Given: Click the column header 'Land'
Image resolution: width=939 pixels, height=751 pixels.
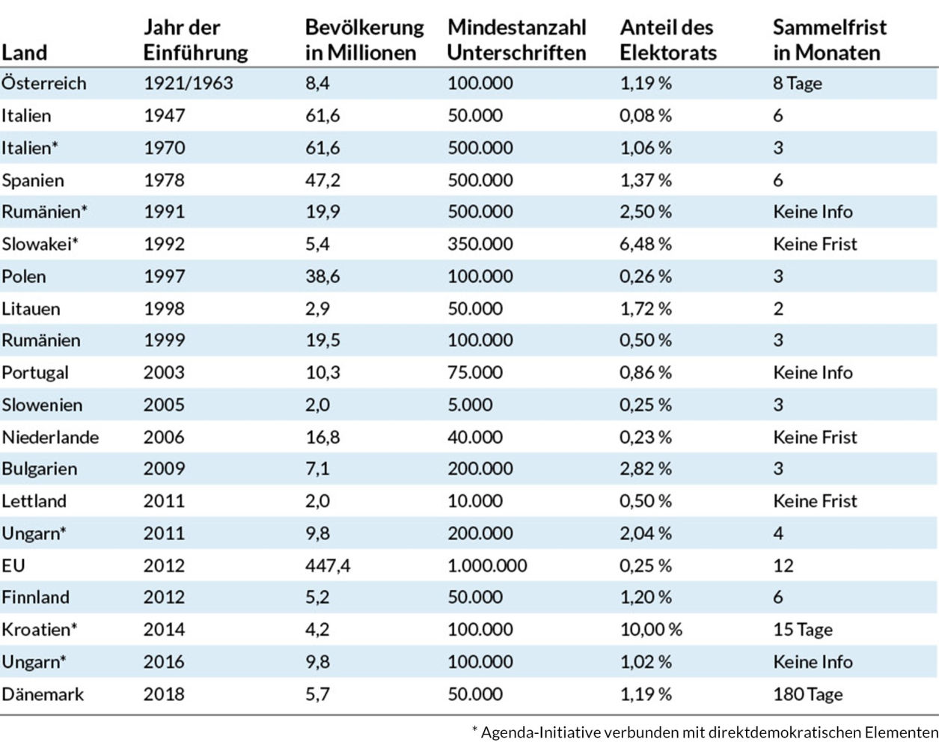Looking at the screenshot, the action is (25, 53).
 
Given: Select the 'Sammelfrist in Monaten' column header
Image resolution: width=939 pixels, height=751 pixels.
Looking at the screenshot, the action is (830, 40).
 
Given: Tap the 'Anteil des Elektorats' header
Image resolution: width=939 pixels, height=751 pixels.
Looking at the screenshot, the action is (668, 40).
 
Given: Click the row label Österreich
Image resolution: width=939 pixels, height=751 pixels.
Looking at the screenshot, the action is (43, 83).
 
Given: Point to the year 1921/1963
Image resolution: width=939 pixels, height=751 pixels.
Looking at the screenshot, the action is (188, 83).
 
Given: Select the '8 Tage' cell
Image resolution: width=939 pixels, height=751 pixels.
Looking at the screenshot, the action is (797, 83).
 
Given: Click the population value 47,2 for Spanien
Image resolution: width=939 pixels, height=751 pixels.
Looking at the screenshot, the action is (322, 180).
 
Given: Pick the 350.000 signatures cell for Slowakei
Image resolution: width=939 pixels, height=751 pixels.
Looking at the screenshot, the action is (480, 244).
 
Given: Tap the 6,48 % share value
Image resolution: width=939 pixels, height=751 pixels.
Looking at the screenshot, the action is (646, 244).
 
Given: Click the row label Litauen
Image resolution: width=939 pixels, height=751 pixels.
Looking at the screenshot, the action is (31, 309).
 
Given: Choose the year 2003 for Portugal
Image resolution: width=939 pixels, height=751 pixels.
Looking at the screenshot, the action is (164, 373).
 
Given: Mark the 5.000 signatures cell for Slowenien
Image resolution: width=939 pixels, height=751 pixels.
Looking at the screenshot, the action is (470, 405).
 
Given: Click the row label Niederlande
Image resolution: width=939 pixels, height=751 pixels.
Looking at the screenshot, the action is (50, 438).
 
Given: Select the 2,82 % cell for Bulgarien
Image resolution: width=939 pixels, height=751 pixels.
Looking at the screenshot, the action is (646, 469).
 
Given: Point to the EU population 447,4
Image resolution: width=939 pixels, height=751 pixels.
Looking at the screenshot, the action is (328, 565).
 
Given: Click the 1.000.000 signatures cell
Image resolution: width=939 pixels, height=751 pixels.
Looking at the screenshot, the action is (487, 565).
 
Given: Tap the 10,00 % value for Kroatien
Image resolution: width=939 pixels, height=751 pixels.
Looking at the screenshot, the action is (651, 630).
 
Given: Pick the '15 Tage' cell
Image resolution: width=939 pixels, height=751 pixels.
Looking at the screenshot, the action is (803, 630).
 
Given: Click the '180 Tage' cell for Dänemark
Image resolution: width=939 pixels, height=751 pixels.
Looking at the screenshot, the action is (807, 694).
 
